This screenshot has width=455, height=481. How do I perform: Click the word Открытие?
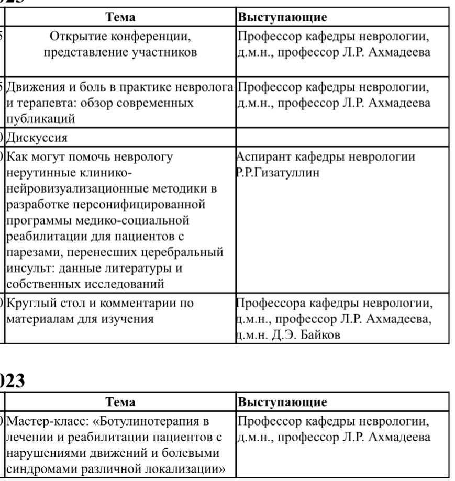tap(75, 37)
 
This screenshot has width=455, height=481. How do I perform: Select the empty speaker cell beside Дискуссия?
tap(342, 138)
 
